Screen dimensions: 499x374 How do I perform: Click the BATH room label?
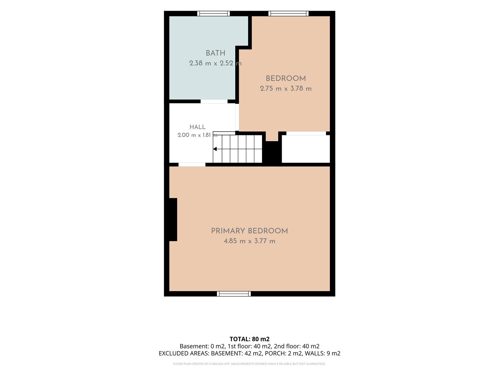[215, 53]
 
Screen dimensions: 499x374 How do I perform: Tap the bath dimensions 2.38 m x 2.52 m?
[215, 63]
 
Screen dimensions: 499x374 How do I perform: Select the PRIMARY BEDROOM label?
[249, 231]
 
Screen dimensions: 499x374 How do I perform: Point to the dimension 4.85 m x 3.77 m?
[249, 241]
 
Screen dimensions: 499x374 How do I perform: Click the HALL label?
[197, 127]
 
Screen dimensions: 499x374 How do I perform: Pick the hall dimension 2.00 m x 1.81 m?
[197, 135]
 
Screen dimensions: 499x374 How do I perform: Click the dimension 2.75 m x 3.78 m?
[286, 88]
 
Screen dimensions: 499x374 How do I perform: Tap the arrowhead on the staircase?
[215, 149]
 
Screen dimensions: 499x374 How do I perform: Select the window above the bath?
[213, 14]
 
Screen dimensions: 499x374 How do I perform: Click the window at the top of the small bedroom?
[288, 14]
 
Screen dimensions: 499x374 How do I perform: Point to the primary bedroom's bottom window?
[234, 294]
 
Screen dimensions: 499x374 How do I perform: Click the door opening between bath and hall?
[214, 101]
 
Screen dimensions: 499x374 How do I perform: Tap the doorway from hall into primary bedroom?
[192, 164]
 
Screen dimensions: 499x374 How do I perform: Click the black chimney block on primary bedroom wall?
[173, 220]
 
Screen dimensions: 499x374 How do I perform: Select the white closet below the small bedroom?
[306, 149]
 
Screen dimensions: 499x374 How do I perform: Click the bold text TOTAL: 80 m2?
[249, 339]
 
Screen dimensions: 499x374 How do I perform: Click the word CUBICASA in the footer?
[217, 364]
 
